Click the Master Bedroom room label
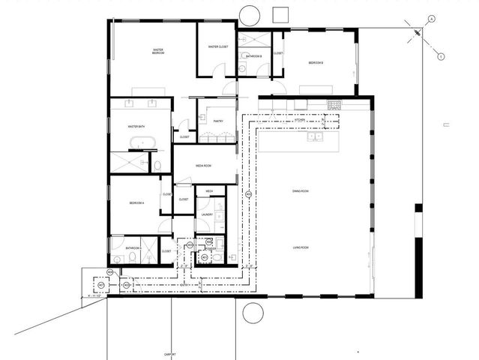(x=158, y=52)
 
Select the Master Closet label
(x=218, y=47)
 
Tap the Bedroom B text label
(x=316, y=63)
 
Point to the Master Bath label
(x=136, y=126)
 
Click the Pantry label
(x=218, y=121)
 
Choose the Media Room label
(x=206, y=166)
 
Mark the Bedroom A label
(x=136, y=203)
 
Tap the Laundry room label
(x=207, y=215)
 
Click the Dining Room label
(x=301, y=192)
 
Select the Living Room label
(x=301, y=247)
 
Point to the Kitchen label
(x=299, y=120)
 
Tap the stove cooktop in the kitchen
(x=335, y=104)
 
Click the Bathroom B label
(x=253, y=56)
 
